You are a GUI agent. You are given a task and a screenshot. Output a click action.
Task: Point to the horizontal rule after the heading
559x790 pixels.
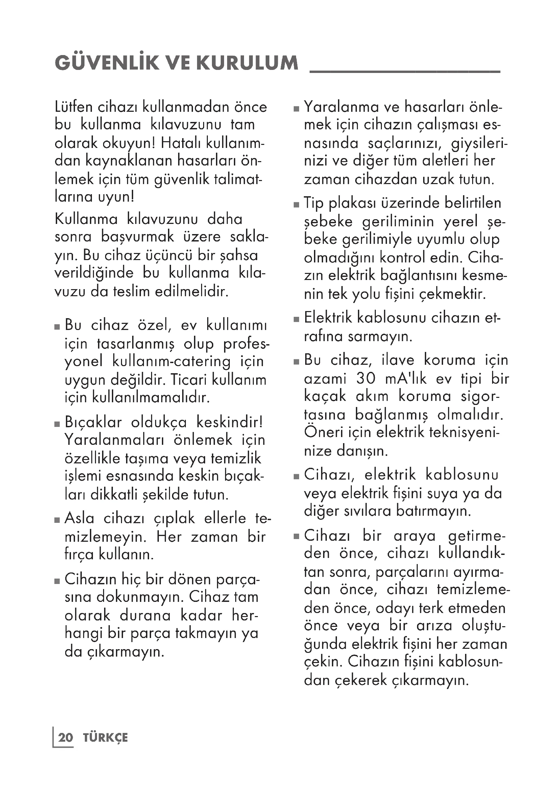point(405,71)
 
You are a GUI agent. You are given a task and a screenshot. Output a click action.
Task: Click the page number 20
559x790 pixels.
point(66,738)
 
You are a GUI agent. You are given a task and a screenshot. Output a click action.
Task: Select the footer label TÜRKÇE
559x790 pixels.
point(105,738)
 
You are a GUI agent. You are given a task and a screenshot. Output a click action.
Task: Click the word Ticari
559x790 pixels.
point(189,380)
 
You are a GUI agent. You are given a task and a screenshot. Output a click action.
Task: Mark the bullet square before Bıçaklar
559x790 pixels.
point(57,424)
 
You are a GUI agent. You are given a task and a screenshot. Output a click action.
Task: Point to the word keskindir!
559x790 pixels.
point(229,422)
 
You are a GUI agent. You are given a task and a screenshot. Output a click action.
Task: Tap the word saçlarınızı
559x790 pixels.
point(405,143)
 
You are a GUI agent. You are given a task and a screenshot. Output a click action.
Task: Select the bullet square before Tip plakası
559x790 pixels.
point(296,205)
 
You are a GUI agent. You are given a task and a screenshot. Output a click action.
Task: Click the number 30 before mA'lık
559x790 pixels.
point(366,379)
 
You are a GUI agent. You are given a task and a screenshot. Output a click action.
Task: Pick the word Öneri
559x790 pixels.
point(321,432)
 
